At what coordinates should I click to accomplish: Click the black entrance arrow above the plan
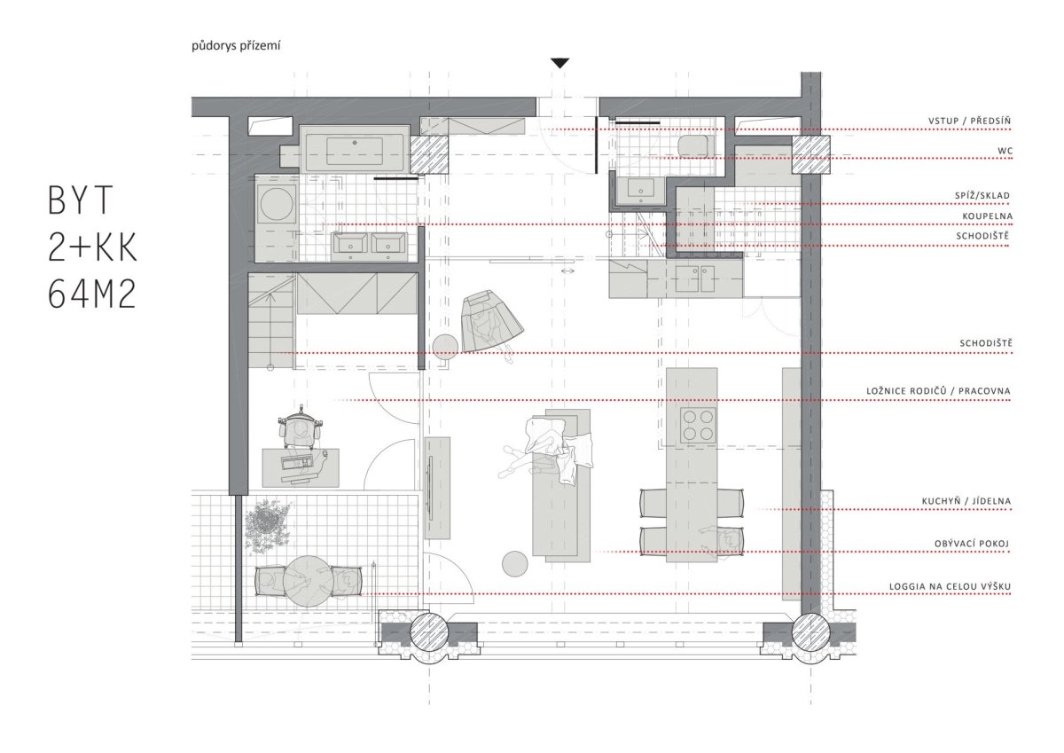(x=559, y=63)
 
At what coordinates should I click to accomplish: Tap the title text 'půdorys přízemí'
(x=236, y=46)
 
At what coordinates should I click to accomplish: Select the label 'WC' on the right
(x=1005, y=151)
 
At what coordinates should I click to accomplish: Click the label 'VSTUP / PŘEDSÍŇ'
(x=969, y=121)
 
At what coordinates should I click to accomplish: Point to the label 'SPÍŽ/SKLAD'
(x=982, y=195)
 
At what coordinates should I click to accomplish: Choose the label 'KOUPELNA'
(x=988, y=216)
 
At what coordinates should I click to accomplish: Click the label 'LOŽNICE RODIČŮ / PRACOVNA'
(x=939, y=391)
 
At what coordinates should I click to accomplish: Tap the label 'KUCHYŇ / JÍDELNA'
(x=966, y=501)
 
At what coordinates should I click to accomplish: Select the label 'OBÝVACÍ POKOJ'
(x=972, y=544)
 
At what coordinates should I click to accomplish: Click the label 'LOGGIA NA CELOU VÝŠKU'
(x=950, y=587)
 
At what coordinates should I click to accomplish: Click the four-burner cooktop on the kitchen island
(x=698, y=425)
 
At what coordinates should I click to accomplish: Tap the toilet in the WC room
(x=694, y=145)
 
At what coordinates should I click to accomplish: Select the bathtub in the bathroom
(x=355, y=149)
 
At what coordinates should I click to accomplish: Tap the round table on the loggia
(x=308, y=581)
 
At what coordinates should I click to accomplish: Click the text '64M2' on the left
(x=92, y=294)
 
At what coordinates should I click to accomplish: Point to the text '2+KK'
(x=92, y=247)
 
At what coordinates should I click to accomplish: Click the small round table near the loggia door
(x=515, y=563)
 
